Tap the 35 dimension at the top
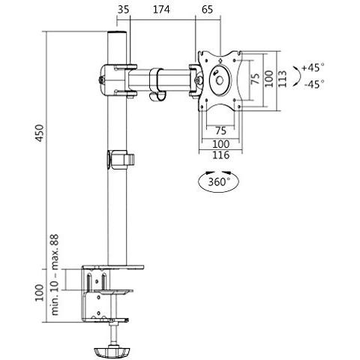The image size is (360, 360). (124, 10)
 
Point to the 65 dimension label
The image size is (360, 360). (208, 10)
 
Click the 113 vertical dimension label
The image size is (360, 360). (283, 77)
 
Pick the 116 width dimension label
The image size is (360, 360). (219, 155)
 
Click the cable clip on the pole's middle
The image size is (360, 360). (120, 160)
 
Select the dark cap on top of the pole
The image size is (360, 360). (118, 36)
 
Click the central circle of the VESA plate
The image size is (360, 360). (218, 77)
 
